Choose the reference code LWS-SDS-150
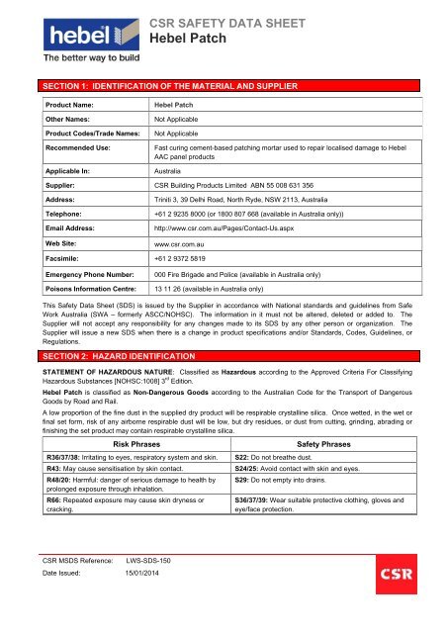tap(147, 588)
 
